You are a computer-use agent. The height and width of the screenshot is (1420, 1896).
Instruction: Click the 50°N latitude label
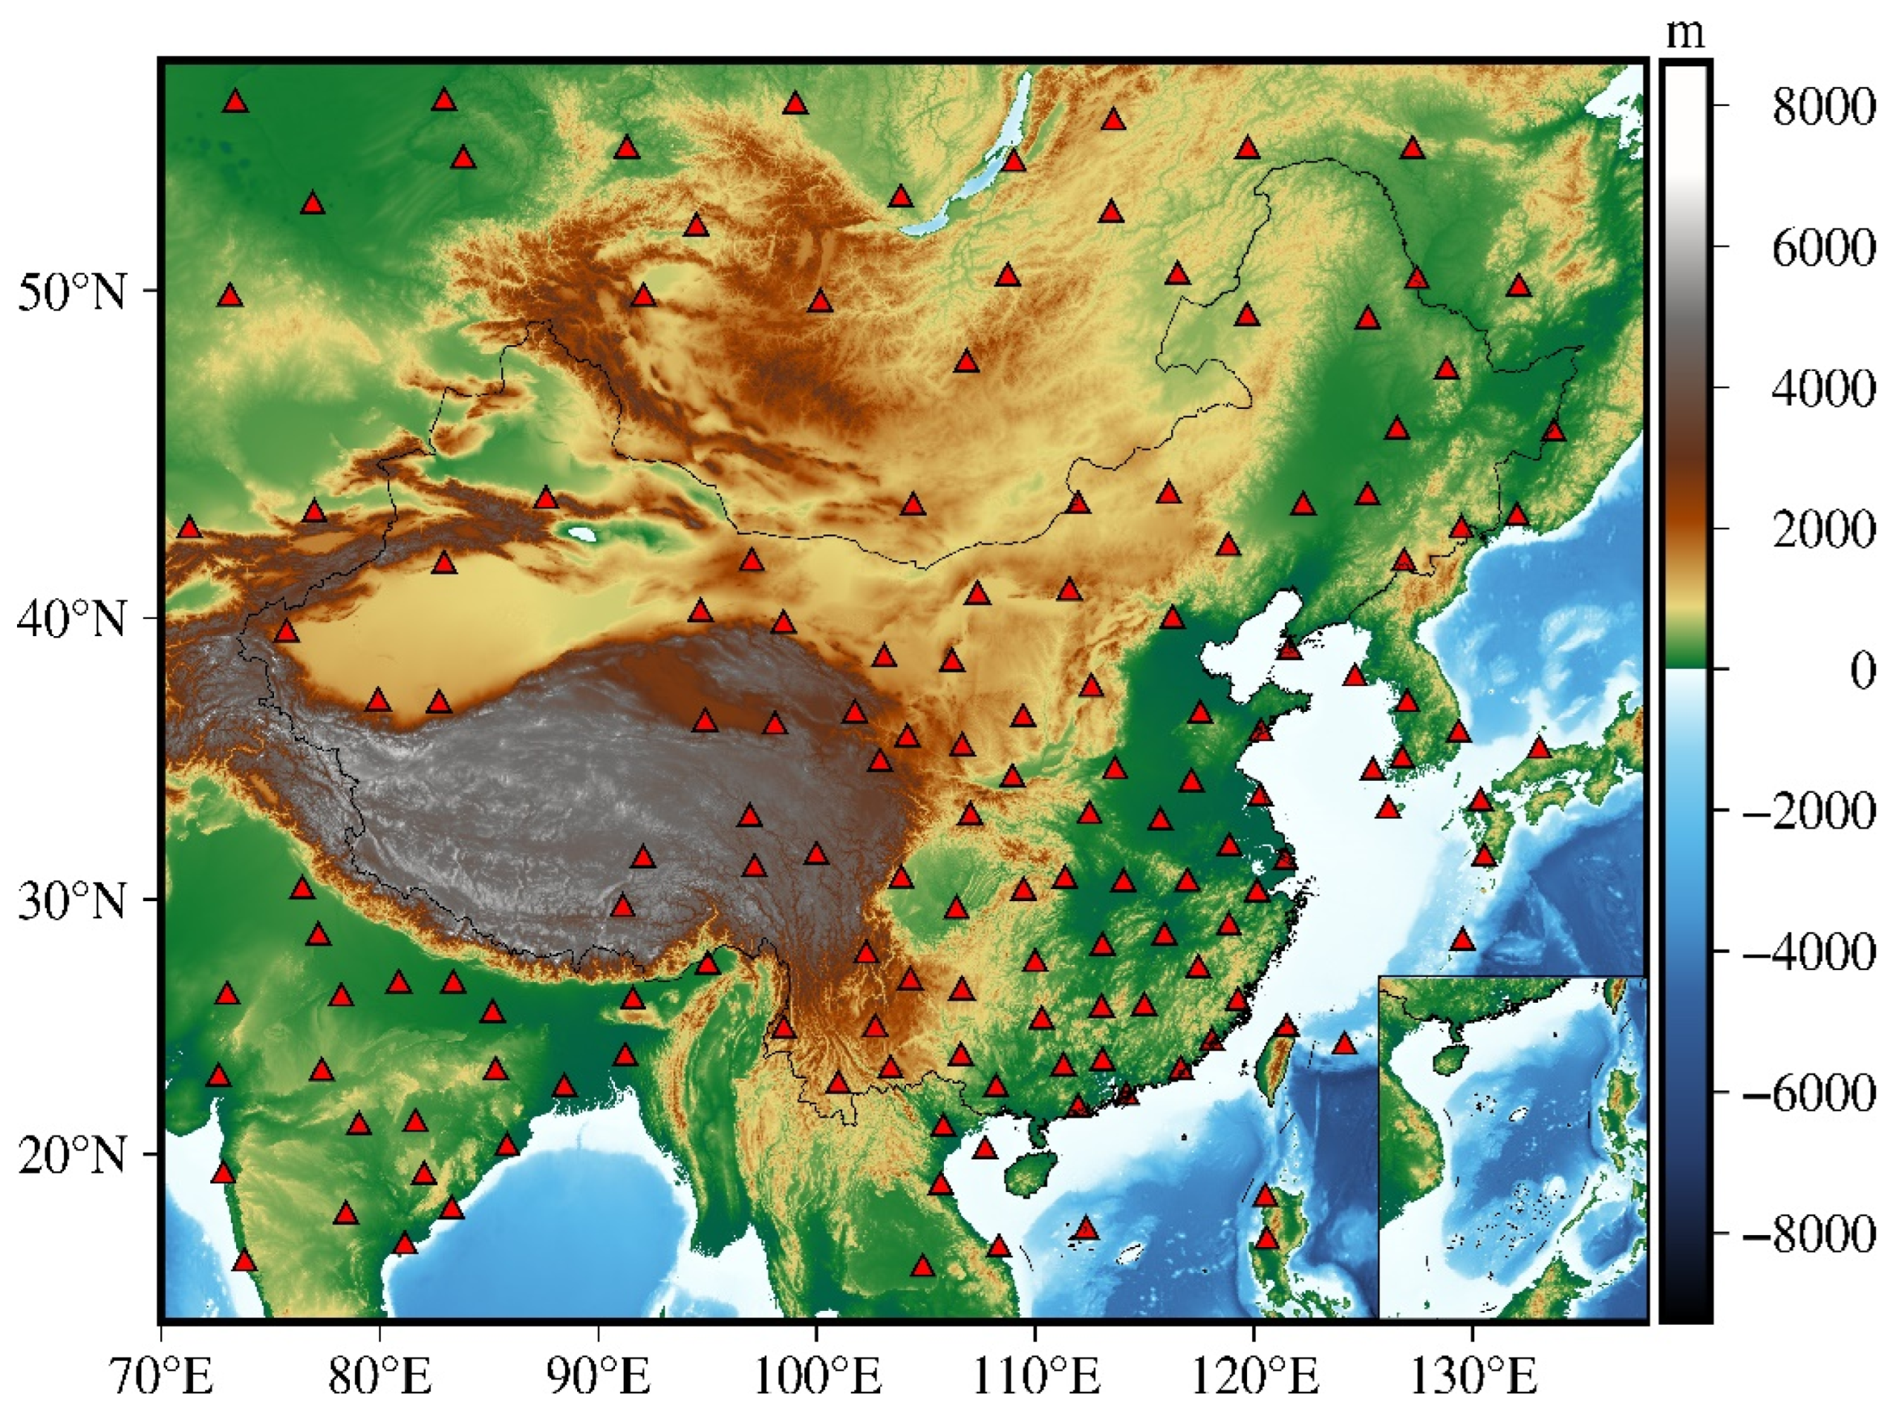point(71,293)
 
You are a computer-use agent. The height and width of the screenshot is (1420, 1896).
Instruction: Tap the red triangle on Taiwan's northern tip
point(1286,1026)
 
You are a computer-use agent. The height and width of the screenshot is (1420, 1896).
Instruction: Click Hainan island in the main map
point(1030,1171)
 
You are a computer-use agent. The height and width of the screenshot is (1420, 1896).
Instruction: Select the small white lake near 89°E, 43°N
point(583,534)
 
